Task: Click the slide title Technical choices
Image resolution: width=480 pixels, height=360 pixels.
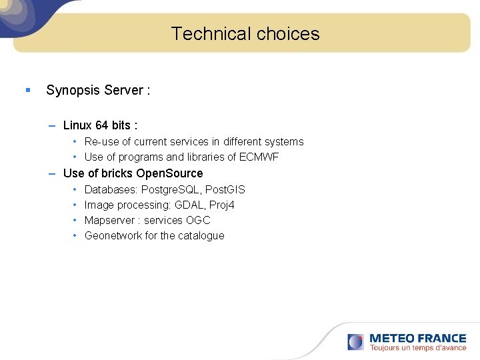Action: pos(245,34)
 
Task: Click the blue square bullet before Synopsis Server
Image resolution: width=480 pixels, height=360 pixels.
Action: pos(27,90)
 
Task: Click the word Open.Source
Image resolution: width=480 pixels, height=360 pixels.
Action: pos(169,173)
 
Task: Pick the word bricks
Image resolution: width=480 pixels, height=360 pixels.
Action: pos(117,173)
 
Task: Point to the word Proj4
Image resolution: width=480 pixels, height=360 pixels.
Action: pos(222,205)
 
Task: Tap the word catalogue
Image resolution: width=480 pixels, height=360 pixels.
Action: pos(201,236)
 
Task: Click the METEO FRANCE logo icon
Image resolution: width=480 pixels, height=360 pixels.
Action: pos(355,342)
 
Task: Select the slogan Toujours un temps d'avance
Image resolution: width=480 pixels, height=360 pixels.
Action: pos(418,348)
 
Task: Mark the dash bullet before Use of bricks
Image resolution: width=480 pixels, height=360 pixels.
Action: pos(52,173)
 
